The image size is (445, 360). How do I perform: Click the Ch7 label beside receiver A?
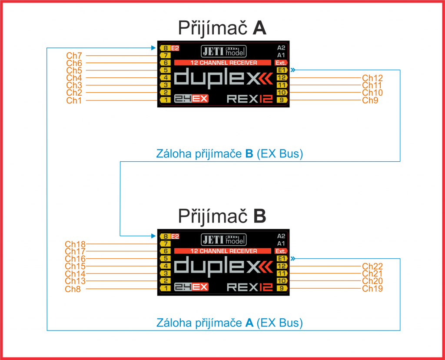[x=74, y=56]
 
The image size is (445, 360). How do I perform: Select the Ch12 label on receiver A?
[x=372, y=78]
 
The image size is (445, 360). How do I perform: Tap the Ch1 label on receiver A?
[x=74, y=100]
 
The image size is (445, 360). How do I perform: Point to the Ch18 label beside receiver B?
[x=75, y=244]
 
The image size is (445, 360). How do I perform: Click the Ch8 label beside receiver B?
[x=73, y=289]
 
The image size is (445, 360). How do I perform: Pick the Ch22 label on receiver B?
[x=372, y=267]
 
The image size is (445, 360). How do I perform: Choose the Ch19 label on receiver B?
[x=372, y=288]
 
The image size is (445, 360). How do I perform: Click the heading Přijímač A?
[x=222, y=28]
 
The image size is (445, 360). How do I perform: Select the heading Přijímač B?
[x=222, y=217]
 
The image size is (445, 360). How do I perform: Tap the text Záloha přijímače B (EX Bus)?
[x=229, y=153]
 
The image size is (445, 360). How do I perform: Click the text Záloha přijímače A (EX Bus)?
[x=229, y=323]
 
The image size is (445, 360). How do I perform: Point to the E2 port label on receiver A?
[x=175, y=48]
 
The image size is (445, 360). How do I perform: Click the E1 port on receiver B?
[x=282, y=258]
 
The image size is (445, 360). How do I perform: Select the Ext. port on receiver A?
[x=281, y=63]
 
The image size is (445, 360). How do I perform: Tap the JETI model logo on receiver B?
[x=224, y=240]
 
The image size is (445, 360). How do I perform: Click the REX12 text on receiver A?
[x=250, y=99]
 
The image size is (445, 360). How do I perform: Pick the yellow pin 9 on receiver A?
[x=282, y=100]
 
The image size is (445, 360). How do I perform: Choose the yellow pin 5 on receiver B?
[x=165, y=258]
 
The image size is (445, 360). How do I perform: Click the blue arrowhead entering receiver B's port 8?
[x=153, y=236]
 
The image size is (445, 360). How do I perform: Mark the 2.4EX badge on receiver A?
[x=191, y=99]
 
